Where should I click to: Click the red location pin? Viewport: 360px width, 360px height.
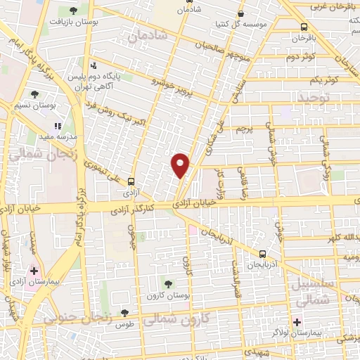(181, 165)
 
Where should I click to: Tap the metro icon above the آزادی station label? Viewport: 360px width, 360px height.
(131, 180)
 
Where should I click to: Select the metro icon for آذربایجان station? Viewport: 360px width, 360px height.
(262, 254)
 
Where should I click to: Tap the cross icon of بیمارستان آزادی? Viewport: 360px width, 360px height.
(33, 271)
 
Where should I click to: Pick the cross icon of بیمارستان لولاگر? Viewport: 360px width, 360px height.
(297, 322)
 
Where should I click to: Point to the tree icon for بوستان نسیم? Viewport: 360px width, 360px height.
(34, 94)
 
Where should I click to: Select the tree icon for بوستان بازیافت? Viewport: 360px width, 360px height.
(73, 11)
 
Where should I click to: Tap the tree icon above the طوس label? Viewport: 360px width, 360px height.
(124, 313)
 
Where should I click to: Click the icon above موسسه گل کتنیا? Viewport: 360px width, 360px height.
(241, 13)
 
